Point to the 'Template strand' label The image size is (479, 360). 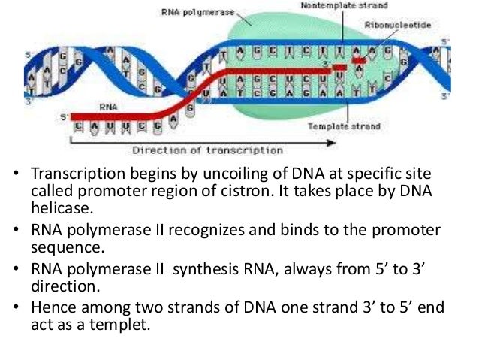pyautogui.click(x=343, y=127)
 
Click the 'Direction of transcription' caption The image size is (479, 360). pyautogui.click(x=207, y=150)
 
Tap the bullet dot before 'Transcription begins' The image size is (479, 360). pyautogui.click(x=14, y=175)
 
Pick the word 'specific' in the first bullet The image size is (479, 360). pyautogui.click(x=373, y=174)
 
